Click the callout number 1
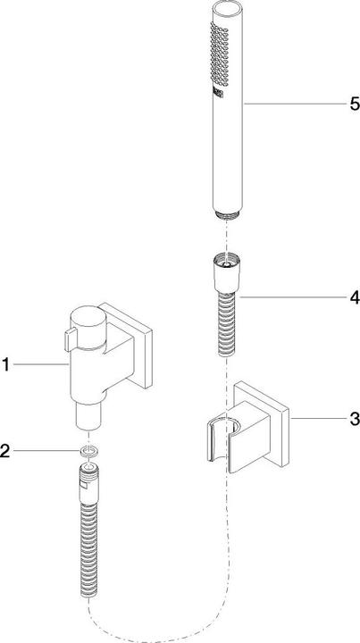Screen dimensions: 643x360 click(6, 363)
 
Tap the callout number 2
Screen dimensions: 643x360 click(6, 452)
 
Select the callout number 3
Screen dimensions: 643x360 click(354, 417)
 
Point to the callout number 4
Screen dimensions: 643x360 click(354, 296)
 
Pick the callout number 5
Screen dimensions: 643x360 click(354, 104)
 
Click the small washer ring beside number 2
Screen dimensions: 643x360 click(86, 452)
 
